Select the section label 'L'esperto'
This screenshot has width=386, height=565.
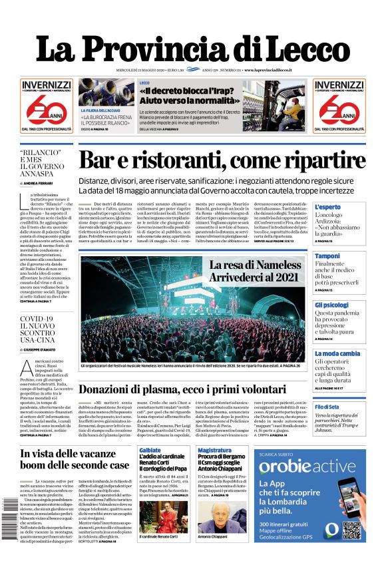click(327, 207)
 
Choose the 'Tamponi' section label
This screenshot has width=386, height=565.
click(327, 256)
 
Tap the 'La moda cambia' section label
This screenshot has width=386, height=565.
click(337, 353)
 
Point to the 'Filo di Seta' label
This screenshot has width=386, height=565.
click(327, 407)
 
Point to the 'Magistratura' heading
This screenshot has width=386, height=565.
click(214, 451)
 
